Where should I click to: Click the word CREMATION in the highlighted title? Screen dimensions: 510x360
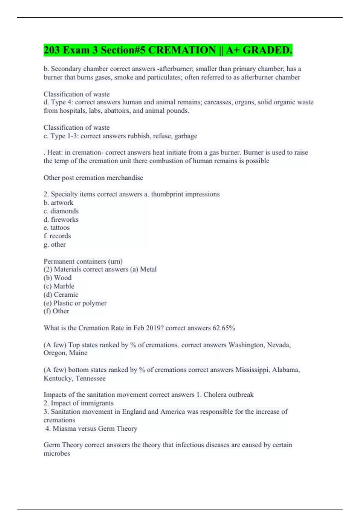pos(182,50)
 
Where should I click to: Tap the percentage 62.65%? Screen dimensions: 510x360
pos(223,328)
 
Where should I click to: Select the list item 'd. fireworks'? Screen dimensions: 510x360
pos(61,219)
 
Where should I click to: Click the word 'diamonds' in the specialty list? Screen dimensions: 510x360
pos(64,211)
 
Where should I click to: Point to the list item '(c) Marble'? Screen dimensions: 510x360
pos(59,286)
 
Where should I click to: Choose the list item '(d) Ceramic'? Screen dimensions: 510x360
pos(61,294)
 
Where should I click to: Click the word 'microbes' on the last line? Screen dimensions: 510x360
pos(57,453)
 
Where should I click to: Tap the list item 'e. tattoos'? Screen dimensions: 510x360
pos(56,227)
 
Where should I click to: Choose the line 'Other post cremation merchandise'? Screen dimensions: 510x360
pos(93,178)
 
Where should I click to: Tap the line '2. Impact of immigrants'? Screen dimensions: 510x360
pos(79,403)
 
